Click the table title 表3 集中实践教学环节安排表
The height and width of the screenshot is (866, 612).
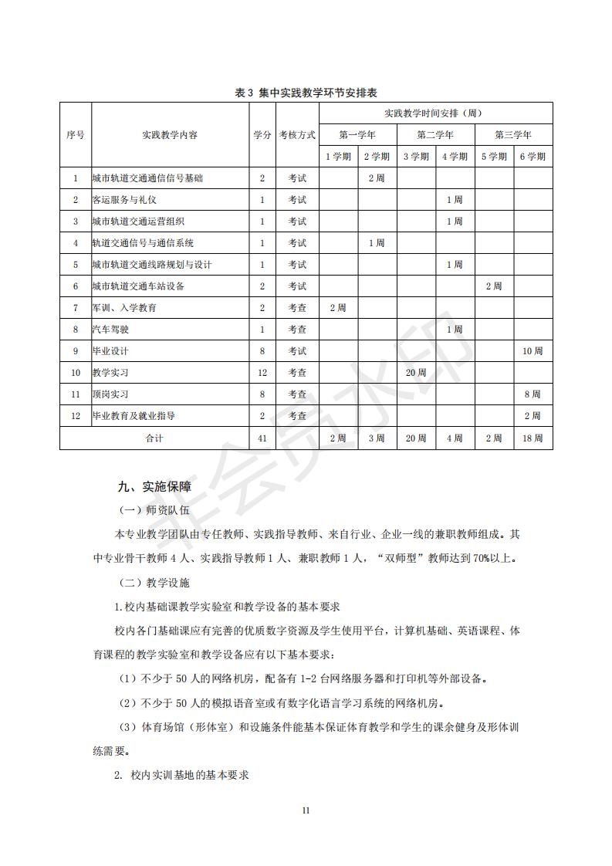306,93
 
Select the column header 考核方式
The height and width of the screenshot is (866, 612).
297,134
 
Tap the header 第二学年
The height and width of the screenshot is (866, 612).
435,134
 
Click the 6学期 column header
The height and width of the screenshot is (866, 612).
533,156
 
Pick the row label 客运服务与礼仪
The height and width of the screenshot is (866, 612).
124,200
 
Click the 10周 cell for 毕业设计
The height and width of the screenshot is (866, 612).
533,351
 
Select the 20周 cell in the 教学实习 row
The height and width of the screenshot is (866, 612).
416,373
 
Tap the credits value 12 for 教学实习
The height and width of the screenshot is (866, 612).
262,373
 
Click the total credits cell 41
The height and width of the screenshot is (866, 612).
262,438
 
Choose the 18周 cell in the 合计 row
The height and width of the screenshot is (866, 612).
533,438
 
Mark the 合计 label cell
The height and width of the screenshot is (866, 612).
154,438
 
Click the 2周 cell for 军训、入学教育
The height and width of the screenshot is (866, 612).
337,308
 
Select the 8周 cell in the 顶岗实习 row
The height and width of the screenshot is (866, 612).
533,394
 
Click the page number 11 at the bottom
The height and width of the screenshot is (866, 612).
306,810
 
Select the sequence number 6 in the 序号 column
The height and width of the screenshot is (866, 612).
76,286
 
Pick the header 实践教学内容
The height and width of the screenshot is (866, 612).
170,134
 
